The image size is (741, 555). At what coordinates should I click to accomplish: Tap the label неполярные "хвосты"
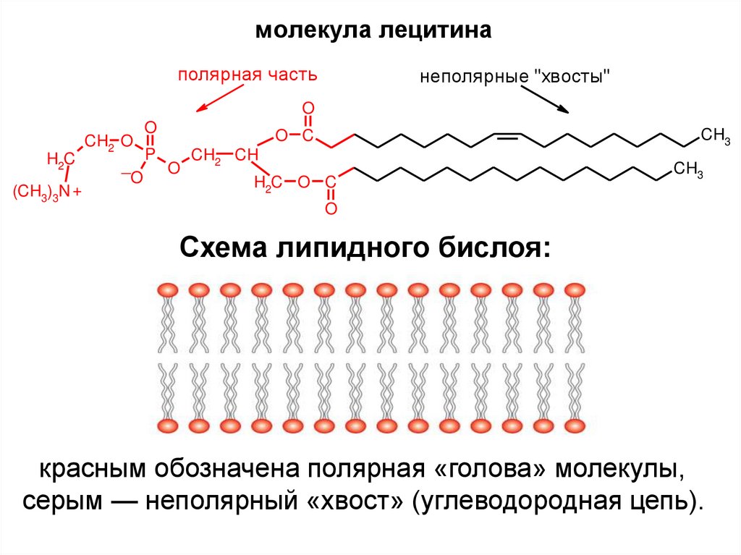[516, 77]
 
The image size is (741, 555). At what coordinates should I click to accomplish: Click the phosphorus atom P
[151, 153]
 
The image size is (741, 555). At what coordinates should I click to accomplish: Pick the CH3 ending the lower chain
[688, 170]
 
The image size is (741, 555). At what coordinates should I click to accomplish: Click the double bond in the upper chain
[507, 135]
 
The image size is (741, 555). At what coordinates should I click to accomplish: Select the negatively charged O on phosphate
[136, 176]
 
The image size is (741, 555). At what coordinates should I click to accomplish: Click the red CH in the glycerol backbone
[247, 155]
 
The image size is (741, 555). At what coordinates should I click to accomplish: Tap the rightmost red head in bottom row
[575, 425]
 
